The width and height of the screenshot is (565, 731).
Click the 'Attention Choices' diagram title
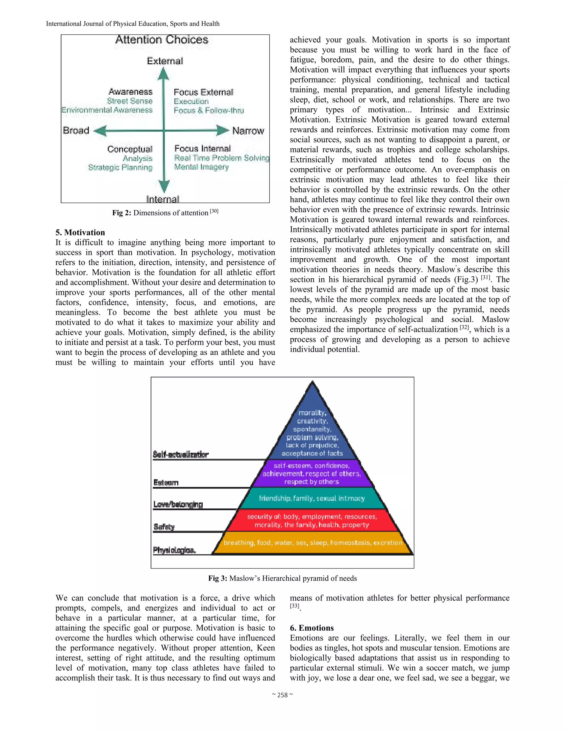click(x=162, y=40)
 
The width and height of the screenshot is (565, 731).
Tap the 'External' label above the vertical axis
click(x=165, y=61)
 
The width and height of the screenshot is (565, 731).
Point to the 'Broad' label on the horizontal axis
click(x=76, y=130)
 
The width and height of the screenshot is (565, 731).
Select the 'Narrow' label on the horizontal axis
click(x=248, y=130)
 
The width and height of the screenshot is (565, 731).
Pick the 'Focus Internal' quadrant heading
click(x=202, y=148)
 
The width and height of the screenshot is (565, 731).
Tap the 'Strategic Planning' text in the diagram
click(x=120, y=167)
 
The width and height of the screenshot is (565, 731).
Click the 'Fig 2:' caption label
click(x=122, y=213)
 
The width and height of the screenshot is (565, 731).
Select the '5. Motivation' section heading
click(x=80, y=232)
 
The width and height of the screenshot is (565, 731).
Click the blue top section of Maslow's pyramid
click(x=312, y=432)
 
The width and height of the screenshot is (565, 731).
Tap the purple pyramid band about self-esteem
click(x=312, y=474)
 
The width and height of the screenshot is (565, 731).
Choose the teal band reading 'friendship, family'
click(x=312, y=498)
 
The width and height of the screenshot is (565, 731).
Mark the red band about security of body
click(x=312, y=521)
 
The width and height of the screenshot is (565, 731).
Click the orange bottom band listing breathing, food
click(x=313, y=543)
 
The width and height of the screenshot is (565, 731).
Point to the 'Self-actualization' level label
click(x=181, y=454)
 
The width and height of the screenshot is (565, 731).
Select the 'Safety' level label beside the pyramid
click(x=164, y=527)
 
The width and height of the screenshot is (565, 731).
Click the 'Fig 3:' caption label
click(x=218, y=578)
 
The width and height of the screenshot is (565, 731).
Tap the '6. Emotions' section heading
click(x=312, y=628)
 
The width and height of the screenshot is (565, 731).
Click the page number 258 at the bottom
click(x=282, y=695)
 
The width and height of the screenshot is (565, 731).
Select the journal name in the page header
click(x=132, y=24)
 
